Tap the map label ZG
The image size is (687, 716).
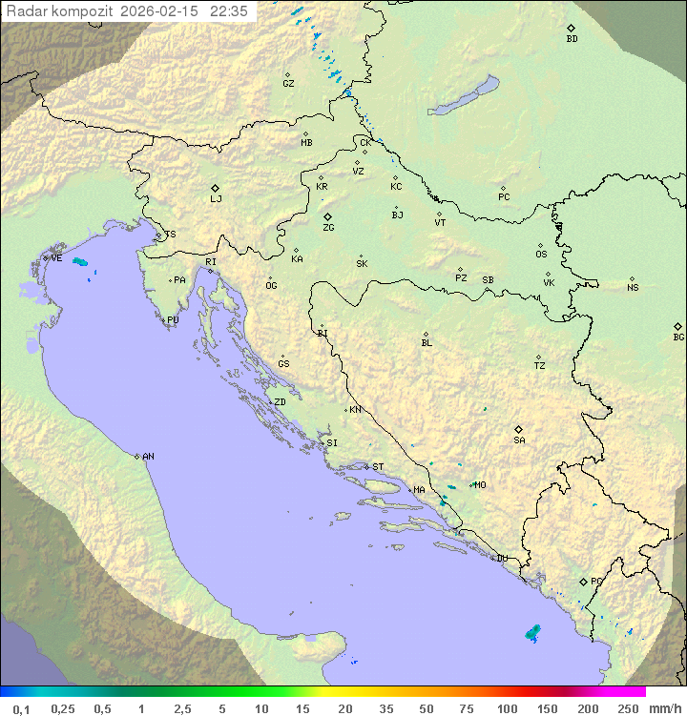click(328, 228)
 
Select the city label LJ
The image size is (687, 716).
click(216, 199)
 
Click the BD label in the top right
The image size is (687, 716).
click(572, 39)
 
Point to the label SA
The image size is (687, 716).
click(519, 440)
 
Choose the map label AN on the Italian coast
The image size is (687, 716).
click(148, 457)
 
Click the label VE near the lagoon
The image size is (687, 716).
click(56, 258)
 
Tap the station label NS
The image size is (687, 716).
click(633, 288)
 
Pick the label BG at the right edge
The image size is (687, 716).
click(678, 338)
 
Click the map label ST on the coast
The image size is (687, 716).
click(378, 467)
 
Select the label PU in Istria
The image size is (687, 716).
click(173, 320)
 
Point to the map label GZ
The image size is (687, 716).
click(288, 84)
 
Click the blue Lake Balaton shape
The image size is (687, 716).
click(463, 96)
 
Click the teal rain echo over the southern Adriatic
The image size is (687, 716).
click(532, 631)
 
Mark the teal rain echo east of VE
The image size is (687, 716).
click(80, 261)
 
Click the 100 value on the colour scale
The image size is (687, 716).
click(507, 708)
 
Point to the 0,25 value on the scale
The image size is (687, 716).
click(63, 708)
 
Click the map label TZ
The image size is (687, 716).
click(540, 366)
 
